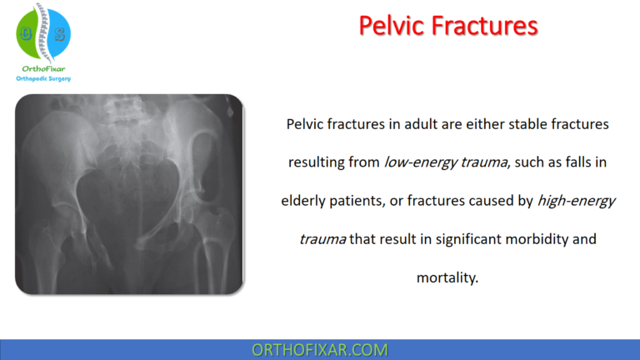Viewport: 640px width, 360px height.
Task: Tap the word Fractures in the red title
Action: point(485,26)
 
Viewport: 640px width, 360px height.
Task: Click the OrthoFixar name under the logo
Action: point(44,69)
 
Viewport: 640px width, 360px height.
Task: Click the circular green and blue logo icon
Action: point(44,32)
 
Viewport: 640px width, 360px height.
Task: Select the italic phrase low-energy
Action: point(412,162)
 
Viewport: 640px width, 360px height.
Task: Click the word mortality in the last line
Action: point(447,277)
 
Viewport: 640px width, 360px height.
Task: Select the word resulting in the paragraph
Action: point(318,162)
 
